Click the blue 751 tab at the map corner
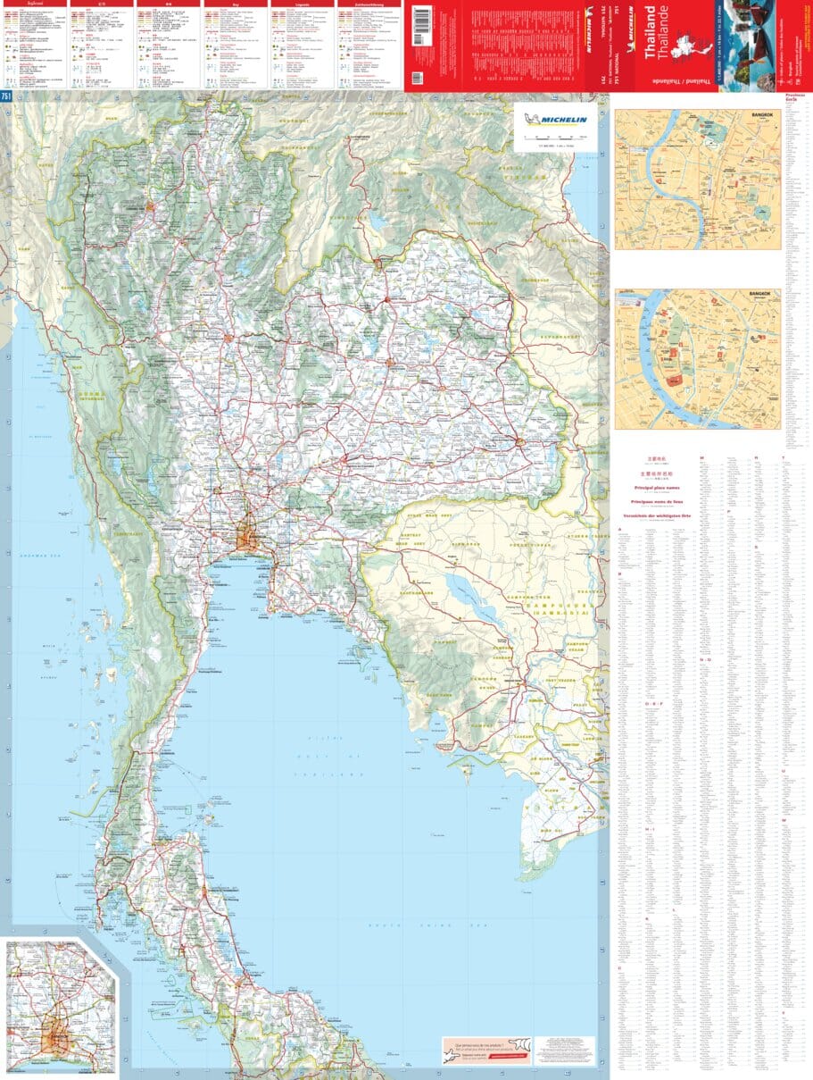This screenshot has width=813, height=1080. [6, 96]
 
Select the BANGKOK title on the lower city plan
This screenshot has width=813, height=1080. [761, 295]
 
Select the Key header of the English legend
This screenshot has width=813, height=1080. [236, 4]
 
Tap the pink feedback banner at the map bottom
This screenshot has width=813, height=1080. [518, 1051]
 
